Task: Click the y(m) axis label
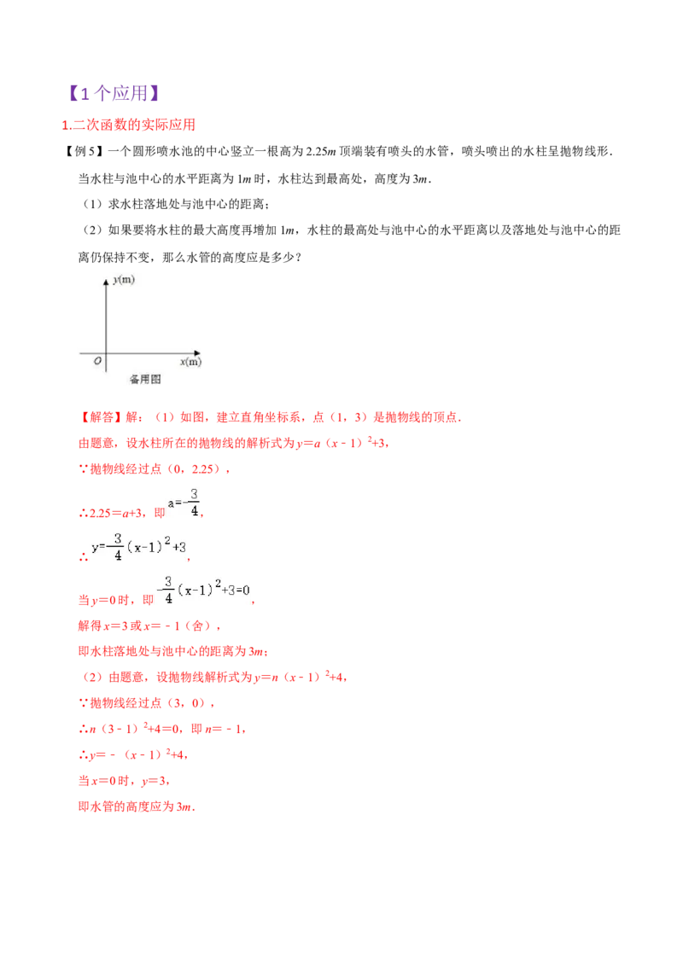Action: (x=125, y=279)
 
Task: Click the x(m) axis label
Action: (x=191, y=362)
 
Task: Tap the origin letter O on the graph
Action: (x=98, y=362)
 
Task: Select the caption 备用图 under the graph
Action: (x=144, y=379)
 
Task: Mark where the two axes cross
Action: (x=106, y=352)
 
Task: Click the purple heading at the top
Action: (x=114, y=92)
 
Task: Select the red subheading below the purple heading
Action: (x=129, y=125)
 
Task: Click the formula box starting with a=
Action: (x=184, y=503)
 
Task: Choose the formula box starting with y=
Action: (x=139, y=546)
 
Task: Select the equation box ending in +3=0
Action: (x=201, y=590)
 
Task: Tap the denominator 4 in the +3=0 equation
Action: (x=168, y=598)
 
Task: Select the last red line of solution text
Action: (x=137, y=806)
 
